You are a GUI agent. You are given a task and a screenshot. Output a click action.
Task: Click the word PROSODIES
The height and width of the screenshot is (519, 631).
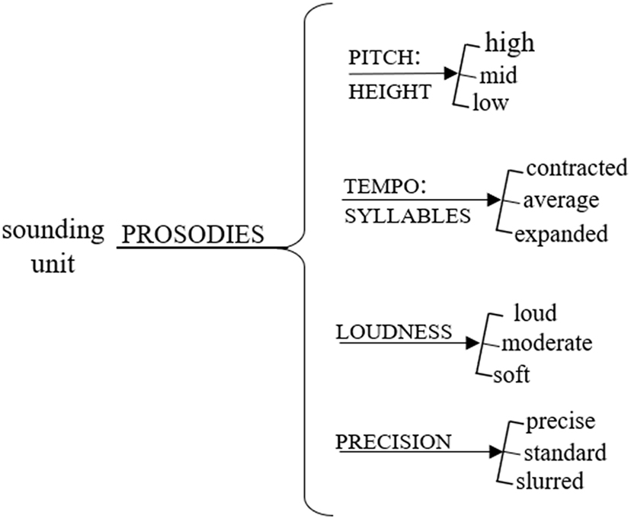tap(193, 235)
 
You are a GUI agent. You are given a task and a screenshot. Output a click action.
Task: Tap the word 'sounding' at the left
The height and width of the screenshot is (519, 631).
tap(53, 230)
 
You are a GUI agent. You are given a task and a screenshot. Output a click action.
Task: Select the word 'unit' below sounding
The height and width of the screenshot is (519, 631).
tap(53, 264)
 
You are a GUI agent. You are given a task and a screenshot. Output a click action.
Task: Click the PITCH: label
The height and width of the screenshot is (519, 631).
tap(379, 59)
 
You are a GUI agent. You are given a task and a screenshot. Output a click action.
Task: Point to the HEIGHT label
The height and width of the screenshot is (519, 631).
tap(389, 92)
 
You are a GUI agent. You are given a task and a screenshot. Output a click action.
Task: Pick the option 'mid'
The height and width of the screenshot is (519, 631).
tap(498, 75)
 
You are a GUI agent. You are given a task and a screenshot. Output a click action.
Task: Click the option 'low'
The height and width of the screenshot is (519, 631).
tap(491, 103)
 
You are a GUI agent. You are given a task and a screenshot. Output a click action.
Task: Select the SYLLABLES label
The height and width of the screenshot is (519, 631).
tap(407, 216)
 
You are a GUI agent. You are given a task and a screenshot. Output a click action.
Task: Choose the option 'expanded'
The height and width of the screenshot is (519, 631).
tap(562, 233)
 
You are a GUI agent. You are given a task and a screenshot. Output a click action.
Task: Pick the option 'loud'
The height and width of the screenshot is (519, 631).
tap(536, 313)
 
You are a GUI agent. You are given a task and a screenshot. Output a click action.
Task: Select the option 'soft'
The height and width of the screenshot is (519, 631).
tap(511, 375)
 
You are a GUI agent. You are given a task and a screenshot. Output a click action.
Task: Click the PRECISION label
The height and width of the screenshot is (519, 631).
tap(394, 441)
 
